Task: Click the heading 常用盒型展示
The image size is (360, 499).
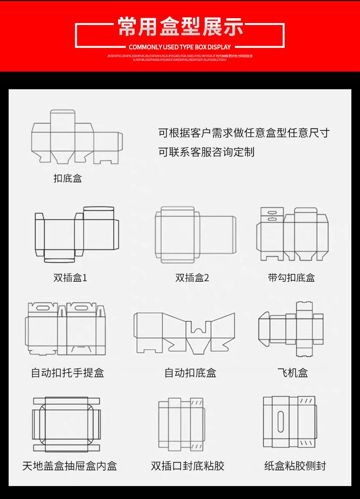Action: click(x=180, y=27)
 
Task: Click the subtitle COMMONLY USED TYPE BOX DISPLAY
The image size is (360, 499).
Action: click(x=180, y=47)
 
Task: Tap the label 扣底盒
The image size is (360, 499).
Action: click(x=68, y=178)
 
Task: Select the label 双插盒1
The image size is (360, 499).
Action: click(x=70, y=277)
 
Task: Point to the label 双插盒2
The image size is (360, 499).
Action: click(x=192, y=277)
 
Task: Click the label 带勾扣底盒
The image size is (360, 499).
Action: click(x=291, y=277)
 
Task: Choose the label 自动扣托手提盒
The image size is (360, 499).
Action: click(x=68, y=372)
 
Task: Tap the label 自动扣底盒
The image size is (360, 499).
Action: click(x=191, y=372)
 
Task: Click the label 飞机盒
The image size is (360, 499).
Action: click(x=293, y=372)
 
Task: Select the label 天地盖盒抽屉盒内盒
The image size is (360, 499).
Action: click(x=70, y=465)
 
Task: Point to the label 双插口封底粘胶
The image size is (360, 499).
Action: click(x=188, y=465)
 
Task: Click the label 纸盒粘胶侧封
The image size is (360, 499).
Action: click(x=295, y=465)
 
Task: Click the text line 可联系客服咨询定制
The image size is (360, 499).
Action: click(x=206, y=152)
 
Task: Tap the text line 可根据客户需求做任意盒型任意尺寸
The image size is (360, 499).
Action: click(x=244, y=133)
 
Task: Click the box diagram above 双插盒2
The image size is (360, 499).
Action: click(x=195, y=235)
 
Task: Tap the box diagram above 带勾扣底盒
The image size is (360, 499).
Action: click(x=292, y=234)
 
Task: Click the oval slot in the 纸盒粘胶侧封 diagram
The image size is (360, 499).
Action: click(x=281, y=420)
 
